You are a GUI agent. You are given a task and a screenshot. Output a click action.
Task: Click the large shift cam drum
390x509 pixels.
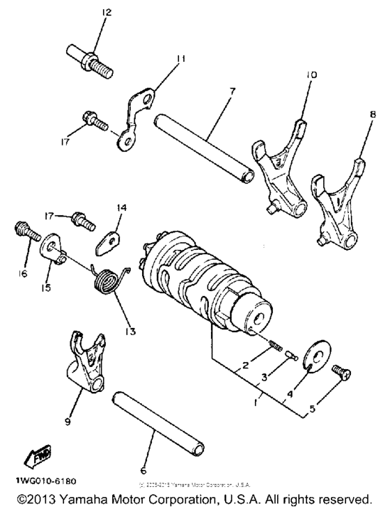click(208, 285)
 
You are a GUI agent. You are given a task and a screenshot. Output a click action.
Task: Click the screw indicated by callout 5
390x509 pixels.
click(341, 373)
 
